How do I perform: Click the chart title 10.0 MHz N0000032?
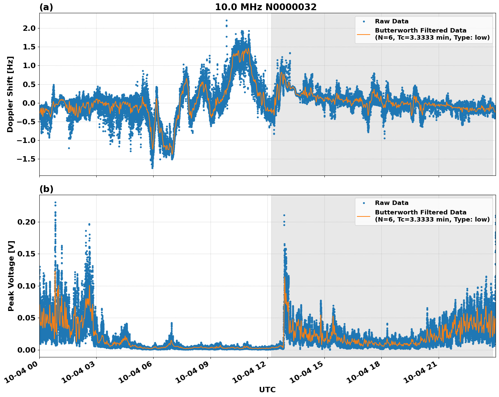point(265,7)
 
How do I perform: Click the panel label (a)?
point(46,7)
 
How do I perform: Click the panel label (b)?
point(46,189)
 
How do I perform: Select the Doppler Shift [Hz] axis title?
point(10,94)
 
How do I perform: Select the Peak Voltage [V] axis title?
point(11,276)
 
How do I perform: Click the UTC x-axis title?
point(267,390)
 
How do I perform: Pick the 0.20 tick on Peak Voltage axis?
point(26,222)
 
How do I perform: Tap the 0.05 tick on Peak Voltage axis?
point(26,318)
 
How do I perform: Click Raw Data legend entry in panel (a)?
point(392,21)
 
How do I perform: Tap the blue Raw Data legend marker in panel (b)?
point(364,203)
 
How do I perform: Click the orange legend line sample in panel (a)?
point(364,34)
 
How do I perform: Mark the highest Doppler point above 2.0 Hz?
point(226,20)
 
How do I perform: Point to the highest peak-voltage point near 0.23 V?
point(55,203)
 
